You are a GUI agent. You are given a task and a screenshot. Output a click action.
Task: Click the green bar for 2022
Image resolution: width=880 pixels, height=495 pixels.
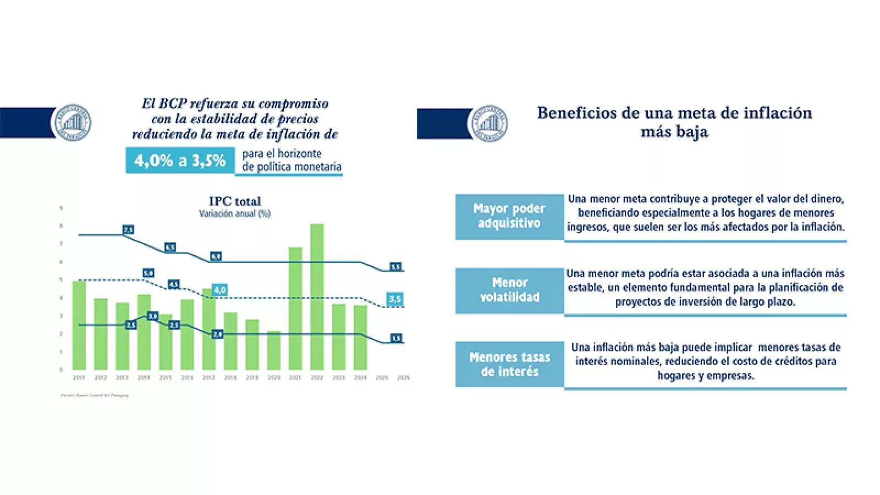[x=317, y=297]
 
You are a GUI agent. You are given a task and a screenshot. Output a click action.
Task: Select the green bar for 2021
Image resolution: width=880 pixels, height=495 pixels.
[x=295, y=309]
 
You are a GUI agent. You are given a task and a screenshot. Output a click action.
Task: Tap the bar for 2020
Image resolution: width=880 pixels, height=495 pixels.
[x=274, y=350]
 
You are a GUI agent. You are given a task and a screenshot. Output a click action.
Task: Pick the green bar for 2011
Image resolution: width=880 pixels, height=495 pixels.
[x=79, y=325]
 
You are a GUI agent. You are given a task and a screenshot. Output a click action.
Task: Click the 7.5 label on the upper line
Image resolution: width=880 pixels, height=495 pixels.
[x=128, y=230]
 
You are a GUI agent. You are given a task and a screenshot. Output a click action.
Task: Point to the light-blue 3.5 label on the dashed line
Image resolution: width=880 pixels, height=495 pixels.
[x=395, y=299]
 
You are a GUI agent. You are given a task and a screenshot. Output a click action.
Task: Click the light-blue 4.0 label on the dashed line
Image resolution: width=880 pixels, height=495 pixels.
[x=219, y=290]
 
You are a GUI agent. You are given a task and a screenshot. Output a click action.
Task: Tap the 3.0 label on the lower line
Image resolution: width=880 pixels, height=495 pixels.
[x=152, y=316]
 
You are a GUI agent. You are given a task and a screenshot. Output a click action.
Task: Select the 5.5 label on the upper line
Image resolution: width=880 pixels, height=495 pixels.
[x=395, y=267]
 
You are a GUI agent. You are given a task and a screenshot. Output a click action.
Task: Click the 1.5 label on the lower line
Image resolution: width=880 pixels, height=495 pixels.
[x=396, y=338]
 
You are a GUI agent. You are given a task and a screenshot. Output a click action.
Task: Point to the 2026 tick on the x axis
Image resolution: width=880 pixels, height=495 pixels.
[x=404, y=378]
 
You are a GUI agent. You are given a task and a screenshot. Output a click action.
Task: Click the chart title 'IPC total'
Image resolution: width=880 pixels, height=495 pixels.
[x=235, y=201]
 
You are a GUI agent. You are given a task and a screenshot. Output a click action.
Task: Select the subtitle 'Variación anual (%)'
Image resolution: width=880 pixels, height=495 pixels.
[x=235, y=213]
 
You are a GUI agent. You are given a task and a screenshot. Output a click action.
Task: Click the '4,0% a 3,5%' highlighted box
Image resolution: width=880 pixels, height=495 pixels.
[x=180, y=161]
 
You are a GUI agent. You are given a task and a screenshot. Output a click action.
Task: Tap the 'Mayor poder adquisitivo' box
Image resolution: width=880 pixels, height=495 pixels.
[x=509, y=216]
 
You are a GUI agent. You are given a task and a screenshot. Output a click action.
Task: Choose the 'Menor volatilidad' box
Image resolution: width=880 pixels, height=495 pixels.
[x=509, y=290]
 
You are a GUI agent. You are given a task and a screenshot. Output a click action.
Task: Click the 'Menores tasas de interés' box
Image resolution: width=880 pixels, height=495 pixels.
[x=509, y=364]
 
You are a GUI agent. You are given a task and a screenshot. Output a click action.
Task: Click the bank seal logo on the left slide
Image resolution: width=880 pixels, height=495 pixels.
[x=73, y=123]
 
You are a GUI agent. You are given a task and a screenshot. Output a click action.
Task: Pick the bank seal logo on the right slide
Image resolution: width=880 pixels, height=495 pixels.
[x=490, y=123]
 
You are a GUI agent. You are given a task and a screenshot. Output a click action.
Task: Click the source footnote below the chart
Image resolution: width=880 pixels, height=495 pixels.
[x=95, y=395]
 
